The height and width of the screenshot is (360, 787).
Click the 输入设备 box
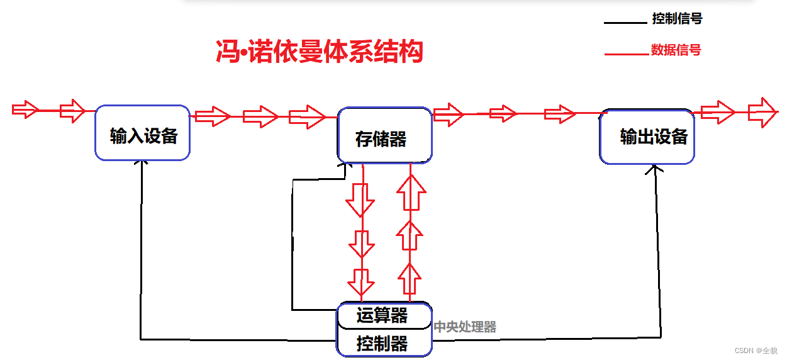point(143,133)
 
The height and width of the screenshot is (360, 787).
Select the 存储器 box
point(384,136)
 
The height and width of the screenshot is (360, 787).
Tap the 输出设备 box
point(647,137)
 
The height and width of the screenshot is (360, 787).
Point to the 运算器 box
point(384,315)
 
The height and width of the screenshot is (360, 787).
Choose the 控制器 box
point(384,344)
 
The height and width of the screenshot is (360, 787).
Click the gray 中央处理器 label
point(465,327)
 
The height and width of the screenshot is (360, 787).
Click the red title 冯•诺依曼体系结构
point(319,52)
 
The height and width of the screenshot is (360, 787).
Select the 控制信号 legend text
point(677,19)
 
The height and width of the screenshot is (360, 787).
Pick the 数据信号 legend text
point(676,50)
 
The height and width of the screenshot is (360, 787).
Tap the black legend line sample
point(625,23)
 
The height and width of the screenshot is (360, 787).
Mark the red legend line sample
point(626,55)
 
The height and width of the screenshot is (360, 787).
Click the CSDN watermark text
point(756,351)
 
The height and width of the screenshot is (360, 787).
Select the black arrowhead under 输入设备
point(144,162)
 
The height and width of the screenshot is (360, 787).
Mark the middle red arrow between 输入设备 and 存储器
point(260,116)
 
